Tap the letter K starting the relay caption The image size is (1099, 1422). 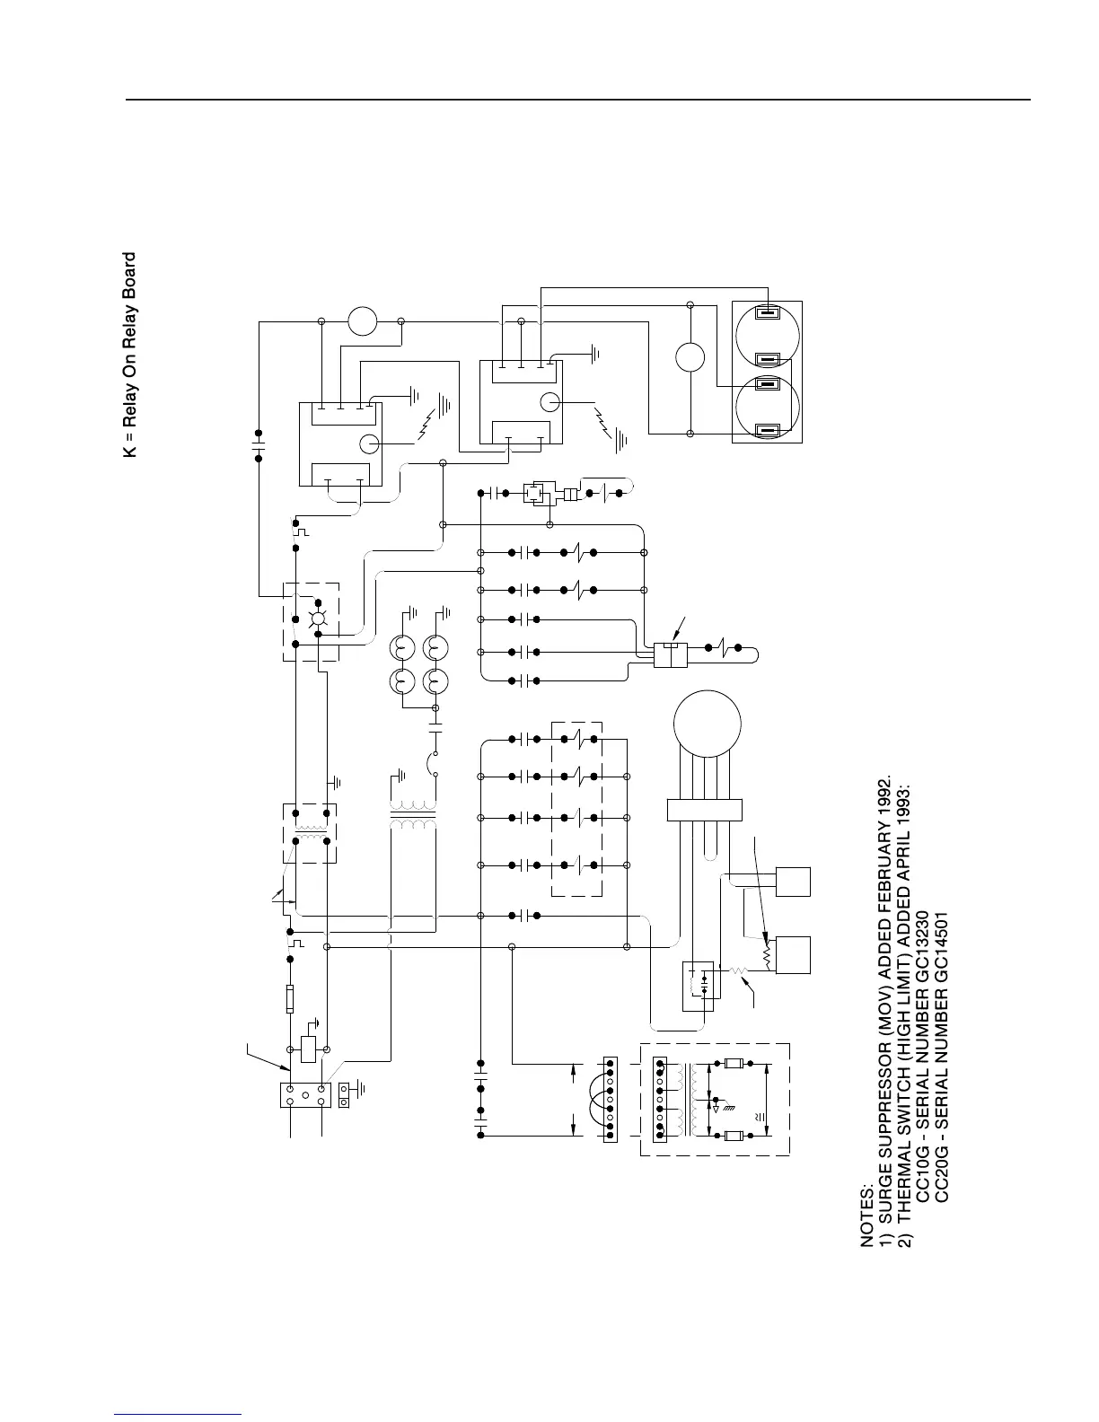[x=129, y=452]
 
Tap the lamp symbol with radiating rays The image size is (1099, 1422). [x=316, y=619]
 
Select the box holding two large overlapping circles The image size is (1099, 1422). [x=767, y=372]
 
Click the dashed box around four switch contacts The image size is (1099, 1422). [x=576, y=808]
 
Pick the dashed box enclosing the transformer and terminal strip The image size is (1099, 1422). [x=715, y=1099]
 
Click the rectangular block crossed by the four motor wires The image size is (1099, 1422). [x=705, y=808]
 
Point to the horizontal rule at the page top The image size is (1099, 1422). [x=578, y=100]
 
